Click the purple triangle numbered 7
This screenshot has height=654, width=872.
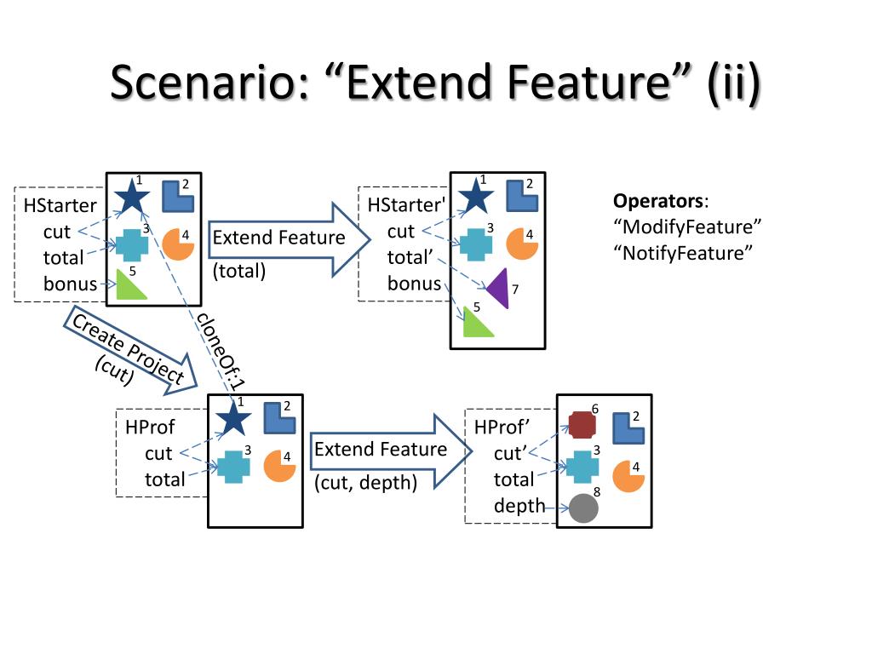pyautogui.click(x=499, y=288)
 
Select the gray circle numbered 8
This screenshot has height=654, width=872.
pyautogui.click(x=583, y=508)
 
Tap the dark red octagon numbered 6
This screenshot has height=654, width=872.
pyautogui.click(x=581, y=423)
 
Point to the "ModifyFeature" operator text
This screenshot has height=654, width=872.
pyautogui.click(x=687, y=227)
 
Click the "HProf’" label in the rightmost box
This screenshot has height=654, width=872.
pyautogui.click(x=502, y=427)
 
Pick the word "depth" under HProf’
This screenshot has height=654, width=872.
pyautogui.click(x=519, y=506)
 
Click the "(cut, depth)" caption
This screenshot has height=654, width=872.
pyautogui.click(x=366, y=483)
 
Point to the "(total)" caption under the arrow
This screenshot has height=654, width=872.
pyautogui.click(x=239, y=271)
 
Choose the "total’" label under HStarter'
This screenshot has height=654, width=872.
pyautogui.click(x=414, y=257)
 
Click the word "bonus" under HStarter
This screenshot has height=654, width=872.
pyautogui.click(x=71, y=284)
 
